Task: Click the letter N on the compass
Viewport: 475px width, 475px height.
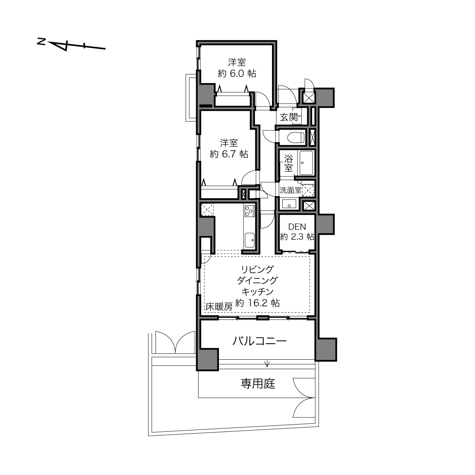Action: tap(41, 41)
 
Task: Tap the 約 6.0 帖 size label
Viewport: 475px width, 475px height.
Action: tap(237, 73)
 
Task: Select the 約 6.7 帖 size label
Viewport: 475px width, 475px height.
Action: tap(229, 154)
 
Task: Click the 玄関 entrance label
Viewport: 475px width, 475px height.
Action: tap(289, 117)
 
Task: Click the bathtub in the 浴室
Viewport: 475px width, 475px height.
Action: tap(306, 163)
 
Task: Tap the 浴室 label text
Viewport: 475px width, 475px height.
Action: tap(288, 163)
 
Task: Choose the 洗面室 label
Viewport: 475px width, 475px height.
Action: tap(291, 190)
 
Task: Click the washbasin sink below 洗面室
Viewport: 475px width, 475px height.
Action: tap(289, 204)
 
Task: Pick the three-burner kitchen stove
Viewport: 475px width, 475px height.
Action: tap(249, 211)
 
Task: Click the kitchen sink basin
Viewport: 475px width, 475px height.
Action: tap(249, 240)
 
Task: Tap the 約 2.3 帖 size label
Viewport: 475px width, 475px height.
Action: tap(297, 237)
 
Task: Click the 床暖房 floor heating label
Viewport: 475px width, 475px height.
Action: tap(219, 307)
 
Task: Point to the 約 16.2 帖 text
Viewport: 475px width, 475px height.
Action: tap(258, 302)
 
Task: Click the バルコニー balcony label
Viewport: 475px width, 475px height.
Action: tap(260, 341)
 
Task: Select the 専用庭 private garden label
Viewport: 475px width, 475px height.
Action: tap(258, 384)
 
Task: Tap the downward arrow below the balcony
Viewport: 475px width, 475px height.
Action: tap(267, 363)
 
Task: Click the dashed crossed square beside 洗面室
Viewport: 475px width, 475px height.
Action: tap(308, 190)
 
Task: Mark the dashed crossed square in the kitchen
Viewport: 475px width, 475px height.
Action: tap(207, 209)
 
